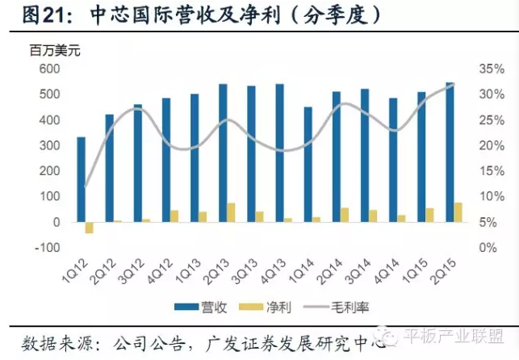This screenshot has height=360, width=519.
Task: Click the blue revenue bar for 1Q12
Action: (81, 179)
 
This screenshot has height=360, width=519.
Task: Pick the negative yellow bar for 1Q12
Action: (90, 228)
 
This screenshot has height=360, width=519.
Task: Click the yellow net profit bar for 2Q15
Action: (458, 212)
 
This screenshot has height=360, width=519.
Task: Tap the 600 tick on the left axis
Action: (50, 69)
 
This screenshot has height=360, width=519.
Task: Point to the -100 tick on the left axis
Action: (48, 248)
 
